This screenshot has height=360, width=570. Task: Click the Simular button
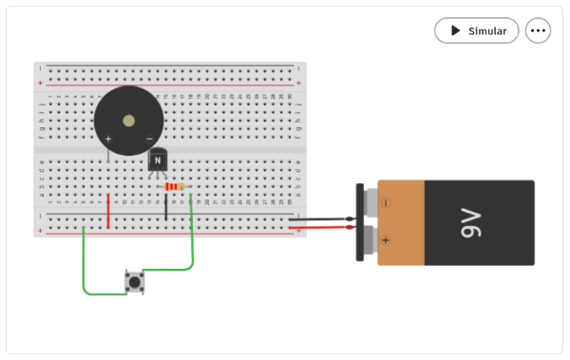477,30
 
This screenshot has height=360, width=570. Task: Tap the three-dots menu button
539,30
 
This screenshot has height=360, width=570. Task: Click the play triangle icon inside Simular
455,30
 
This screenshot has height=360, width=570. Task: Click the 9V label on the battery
471,225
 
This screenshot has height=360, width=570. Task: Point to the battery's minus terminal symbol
387,202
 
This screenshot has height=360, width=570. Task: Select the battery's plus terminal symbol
387,240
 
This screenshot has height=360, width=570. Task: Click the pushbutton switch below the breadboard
135,281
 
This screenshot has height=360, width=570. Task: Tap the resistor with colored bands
174,187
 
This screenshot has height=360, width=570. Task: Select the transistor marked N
158,161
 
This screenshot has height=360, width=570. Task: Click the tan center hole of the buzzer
129,121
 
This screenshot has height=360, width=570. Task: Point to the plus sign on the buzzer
108,139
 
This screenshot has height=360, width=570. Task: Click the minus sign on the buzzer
149,139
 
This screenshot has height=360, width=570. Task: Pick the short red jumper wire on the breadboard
108,211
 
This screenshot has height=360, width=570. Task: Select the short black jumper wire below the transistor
166,207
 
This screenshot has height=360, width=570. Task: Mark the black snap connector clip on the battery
361,222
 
